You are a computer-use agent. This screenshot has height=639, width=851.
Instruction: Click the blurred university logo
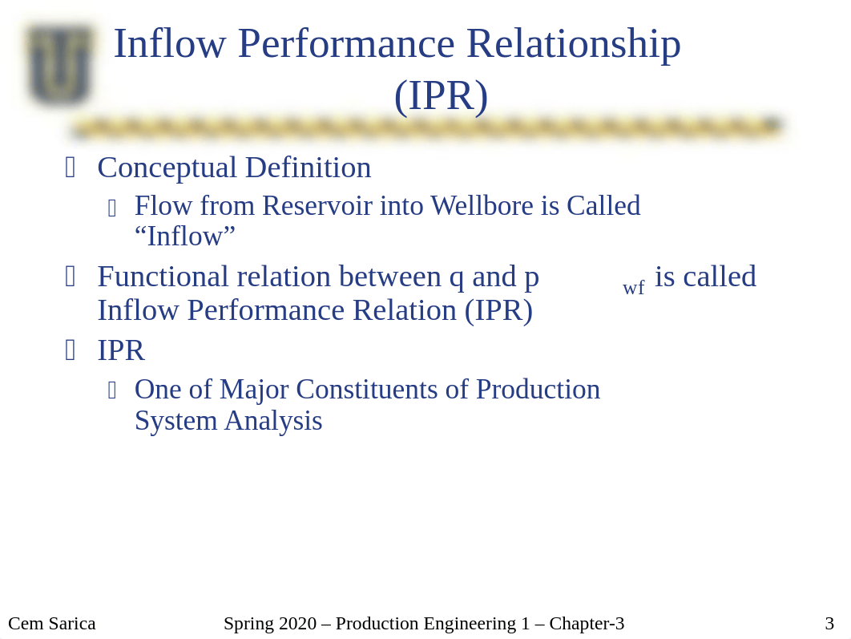[x=60, y=64]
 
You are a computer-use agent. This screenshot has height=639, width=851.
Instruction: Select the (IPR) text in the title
[x=442, y=97]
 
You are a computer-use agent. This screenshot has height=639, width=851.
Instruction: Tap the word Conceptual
[x=167, y=168]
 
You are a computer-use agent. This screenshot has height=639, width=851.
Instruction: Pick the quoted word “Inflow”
[x=185, y=237]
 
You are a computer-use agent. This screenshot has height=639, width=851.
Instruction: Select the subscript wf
[x=633, y=287]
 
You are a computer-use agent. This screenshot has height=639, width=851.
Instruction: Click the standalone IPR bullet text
[x=121, y=350]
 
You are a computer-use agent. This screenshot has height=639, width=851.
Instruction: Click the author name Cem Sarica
[x=52, y=623]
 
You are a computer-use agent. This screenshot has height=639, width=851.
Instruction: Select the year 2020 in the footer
[x=296, y=623]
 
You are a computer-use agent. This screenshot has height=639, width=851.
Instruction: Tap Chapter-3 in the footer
[x=587, y=623]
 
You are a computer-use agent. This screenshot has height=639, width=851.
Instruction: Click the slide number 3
[x=829, y=623]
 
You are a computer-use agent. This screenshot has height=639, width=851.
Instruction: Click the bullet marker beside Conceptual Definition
[x=70, y=168]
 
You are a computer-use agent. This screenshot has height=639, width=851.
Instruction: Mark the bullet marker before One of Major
[x=112, y=390]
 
